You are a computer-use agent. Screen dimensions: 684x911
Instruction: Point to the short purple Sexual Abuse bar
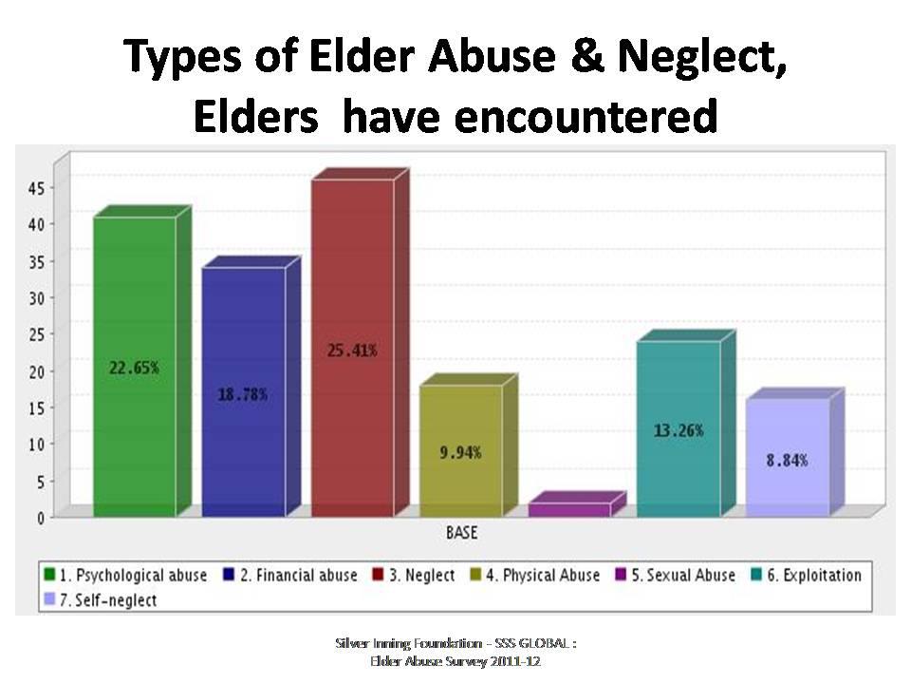tap(568, 510)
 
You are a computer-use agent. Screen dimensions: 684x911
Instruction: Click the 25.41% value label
tap(352, 351)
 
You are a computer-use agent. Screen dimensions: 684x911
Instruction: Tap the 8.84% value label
tap(787, 461)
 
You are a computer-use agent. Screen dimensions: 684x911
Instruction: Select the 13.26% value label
tap(678, 430)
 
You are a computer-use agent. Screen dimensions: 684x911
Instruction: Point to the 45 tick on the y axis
tap(36, 188)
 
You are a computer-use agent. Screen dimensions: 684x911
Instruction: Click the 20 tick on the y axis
tap(36, 371)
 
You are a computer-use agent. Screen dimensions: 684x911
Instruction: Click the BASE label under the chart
tap(462, 534)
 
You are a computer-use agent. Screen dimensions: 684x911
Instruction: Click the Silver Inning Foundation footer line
tap(455, 643)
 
